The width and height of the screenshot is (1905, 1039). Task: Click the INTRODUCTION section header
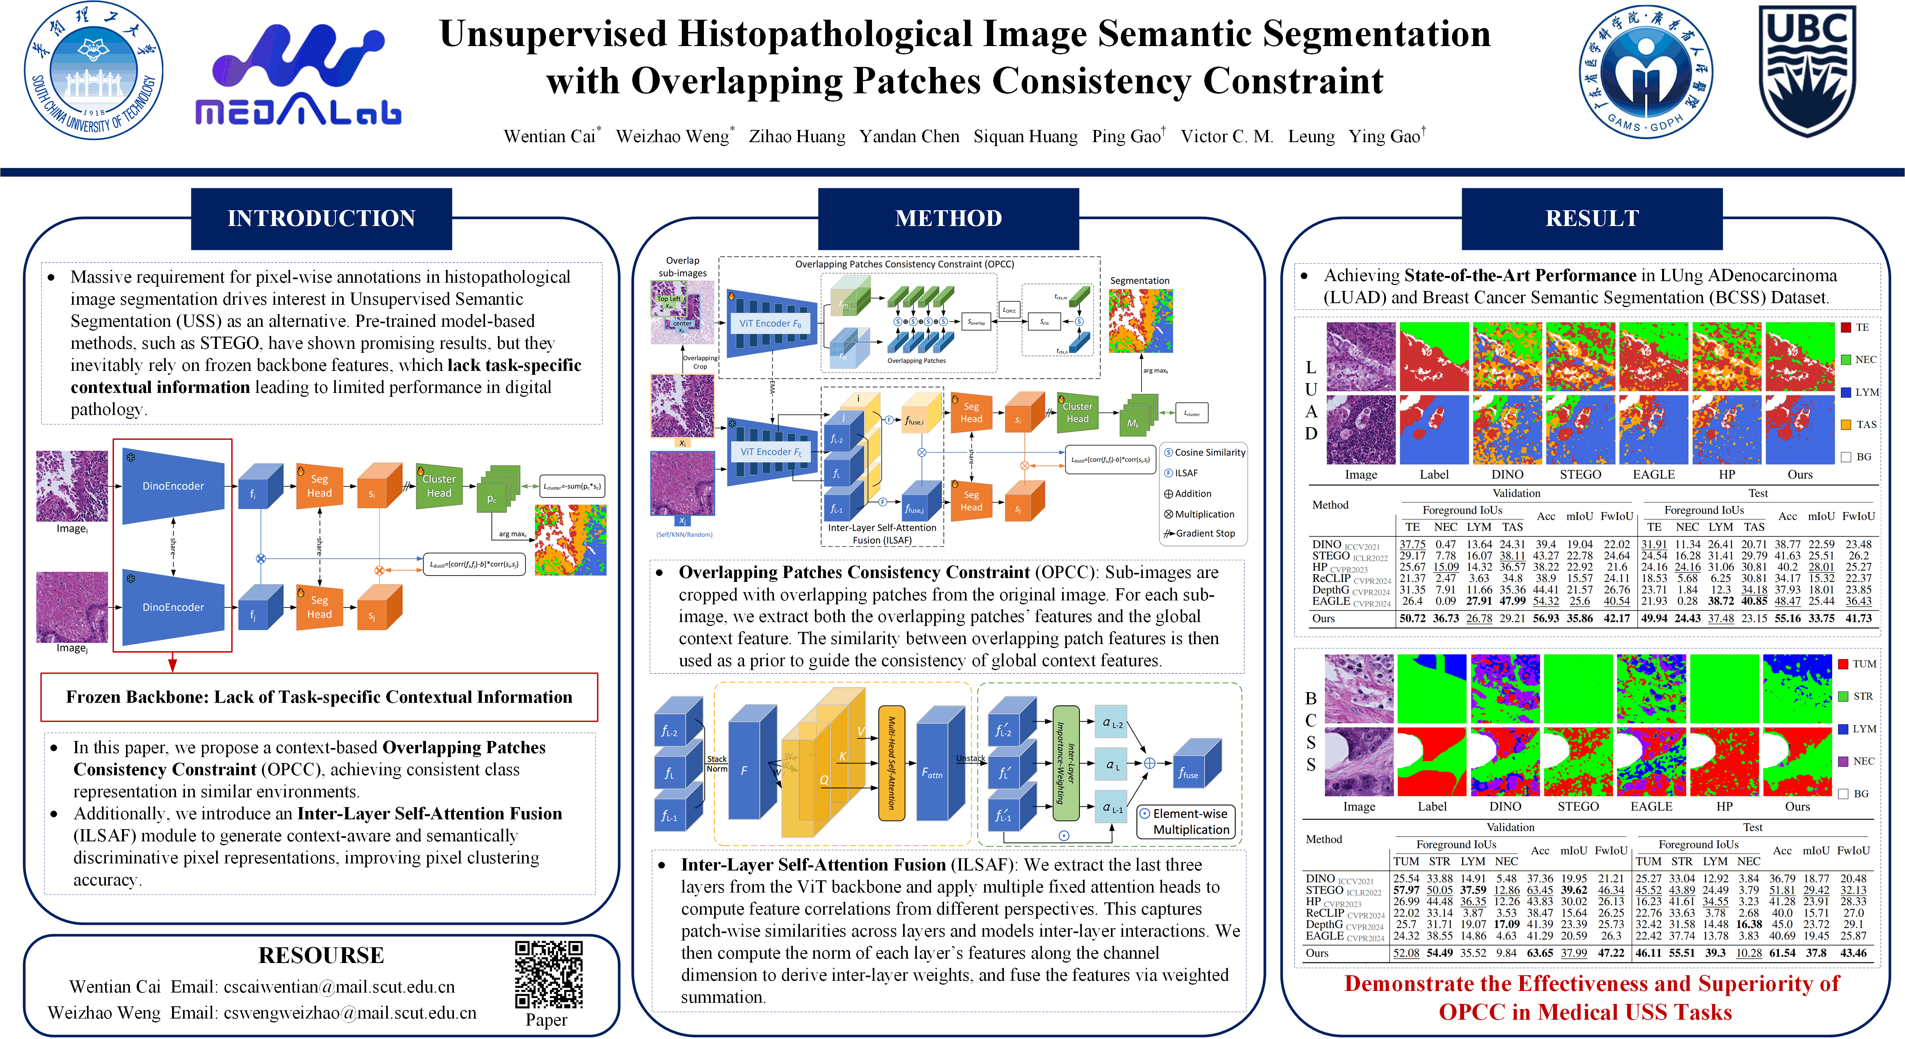pyautogui.click(x=321, y=218)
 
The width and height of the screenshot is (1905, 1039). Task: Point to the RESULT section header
pyautogui.click(x=1592, y=218)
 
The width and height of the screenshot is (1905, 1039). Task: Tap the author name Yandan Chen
pyautogui.click(x=909, y=136)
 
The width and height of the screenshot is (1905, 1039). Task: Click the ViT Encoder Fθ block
pyautogui.click(x=770, y=323)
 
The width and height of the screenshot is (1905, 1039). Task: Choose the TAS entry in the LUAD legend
pyautogui.click(x=1859, y=424)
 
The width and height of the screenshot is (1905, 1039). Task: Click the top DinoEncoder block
pyautogui.click(x=173, y=486)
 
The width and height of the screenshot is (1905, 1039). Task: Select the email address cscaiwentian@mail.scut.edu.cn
pyautogui.click(x=339, y=987)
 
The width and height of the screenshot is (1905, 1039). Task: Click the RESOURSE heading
pyautogui.click(x=321, y=955)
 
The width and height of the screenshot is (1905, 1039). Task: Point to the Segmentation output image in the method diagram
pyautogui.click(x=1140, y=320)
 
